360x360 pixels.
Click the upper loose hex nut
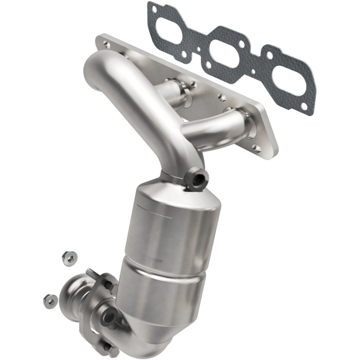(70, 258)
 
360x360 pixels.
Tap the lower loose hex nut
(50, 300)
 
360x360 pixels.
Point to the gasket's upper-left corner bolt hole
(154, 8)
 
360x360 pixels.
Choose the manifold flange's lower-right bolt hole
(257, 147)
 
